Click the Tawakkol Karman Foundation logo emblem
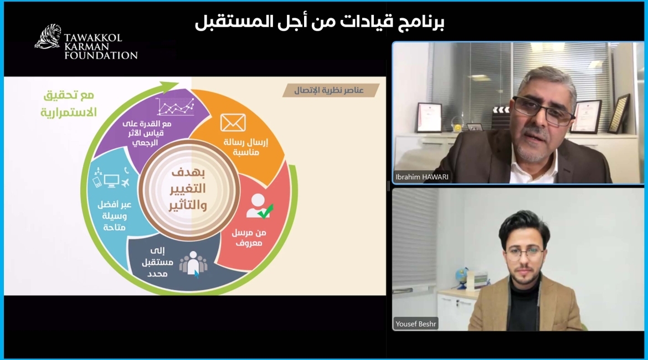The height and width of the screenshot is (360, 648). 48,37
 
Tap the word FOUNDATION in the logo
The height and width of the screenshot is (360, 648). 101,55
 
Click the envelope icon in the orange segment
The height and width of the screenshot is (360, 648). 233,122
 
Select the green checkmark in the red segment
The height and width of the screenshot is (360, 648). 265,211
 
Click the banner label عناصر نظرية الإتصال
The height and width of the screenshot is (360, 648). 331,90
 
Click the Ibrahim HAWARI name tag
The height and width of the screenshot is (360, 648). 422,177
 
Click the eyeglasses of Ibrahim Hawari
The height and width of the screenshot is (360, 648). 543,110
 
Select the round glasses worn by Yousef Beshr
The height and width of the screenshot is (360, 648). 524,253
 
